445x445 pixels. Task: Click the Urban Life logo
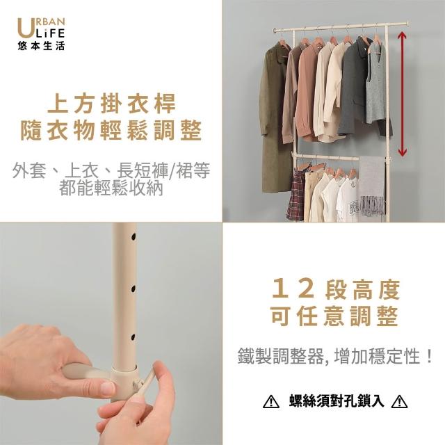pos(41,34)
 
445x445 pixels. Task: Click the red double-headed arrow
pos(402,94)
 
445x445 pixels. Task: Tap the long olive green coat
pos(274,119)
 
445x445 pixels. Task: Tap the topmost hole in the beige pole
pos(133,236)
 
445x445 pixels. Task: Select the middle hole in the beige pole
pos(133,289)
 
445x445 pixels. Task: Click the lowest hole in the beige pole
pos(133,337)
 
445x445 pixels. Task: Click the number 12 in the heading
pos(293,289)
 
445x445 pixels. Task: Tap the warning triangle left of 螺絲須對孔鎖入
pos(271,402)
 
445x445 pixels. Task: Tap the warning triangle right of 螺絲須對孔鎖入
pos(400,402)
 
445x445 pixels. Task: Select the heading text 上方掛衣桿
pos(112,104)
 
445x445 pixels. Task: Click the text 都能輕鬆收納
pos(111,188)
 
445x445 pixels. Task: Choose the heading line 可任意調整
pos(335,316)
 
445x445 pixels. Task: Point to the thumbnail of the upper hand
pos(108,388)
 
